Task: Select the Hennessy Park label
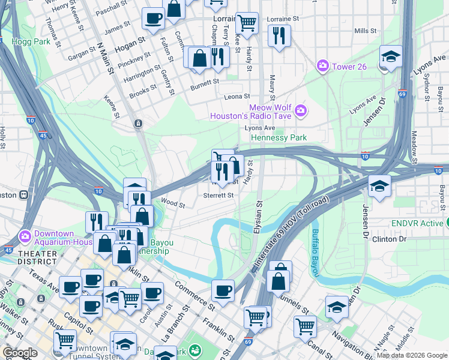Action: [279, 137]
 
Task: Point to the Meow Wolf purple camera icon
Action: [300, 110]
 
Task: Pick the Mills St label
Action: [365, 31]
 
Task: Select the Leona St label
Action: [237, 97]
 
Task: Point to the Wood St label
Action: [173, 204]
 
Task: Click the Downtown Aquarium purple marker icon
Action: [25, 235]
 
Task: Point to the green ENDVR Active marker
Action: [447, 223]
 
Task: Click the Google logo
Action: [20, 353]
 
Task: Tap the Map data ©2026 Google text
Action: [411, 355]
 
